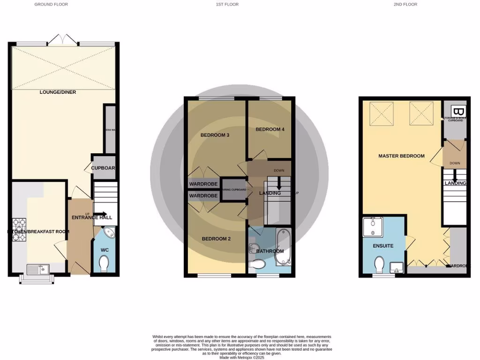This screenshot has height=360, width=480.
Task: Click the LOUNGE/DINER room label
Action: (x=58, y=92)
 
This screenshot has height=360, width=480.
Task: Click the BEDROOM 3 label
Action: (x=215, y=135)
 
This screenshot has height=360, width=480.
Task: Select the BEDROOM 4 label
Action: (x=270, y=129)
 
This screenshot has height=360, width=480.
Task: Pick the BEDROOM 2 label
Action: (x=216, y=239)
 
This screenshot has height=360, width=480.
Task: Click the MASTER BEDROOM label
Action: (x=401, y=156)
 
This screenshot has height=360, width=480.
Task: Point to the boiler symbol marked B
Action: (x=459, y=112)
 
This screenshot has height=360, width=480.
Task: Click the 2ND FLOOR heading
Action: (x=405, y=4)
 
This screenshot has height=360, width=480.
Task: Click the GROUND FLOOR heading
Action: (x=51, y=4)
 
